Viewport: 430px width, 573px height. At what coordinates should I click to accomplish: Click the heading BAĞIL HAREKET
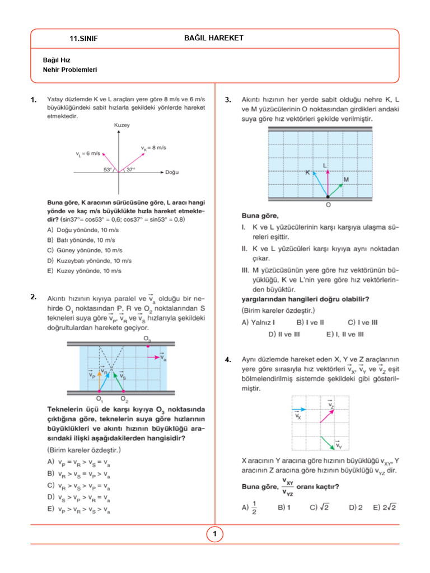(213, 37)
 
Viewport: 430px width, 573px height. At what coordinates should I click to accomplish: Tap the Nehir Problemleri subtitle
(70, 70)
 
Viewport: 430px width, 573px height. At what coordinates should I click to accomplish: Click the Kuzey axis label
(121, 125)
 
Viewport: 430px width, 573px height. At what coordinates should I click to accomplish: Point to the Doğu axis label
(172, 172)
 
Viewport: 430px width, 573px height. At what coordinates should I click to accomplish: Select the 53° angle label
(107, 169)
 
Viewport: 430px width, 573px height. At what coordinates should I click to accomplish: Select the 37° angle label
(130, 169)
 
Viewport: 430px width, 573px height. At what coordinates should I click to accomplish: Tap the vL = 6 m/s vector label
(88, 153)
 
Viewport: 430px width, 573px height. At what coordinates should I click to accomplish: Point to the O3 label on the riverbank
(147, 339)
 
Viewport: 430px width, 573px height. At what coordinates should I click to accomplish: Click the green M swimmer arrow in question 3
(335, 190)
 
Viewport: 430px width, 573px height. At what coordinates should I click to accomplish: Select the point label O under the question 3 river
(328, 205)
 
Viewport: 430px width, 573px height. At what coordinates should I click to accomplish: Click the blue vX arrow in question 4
(299, 410)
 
